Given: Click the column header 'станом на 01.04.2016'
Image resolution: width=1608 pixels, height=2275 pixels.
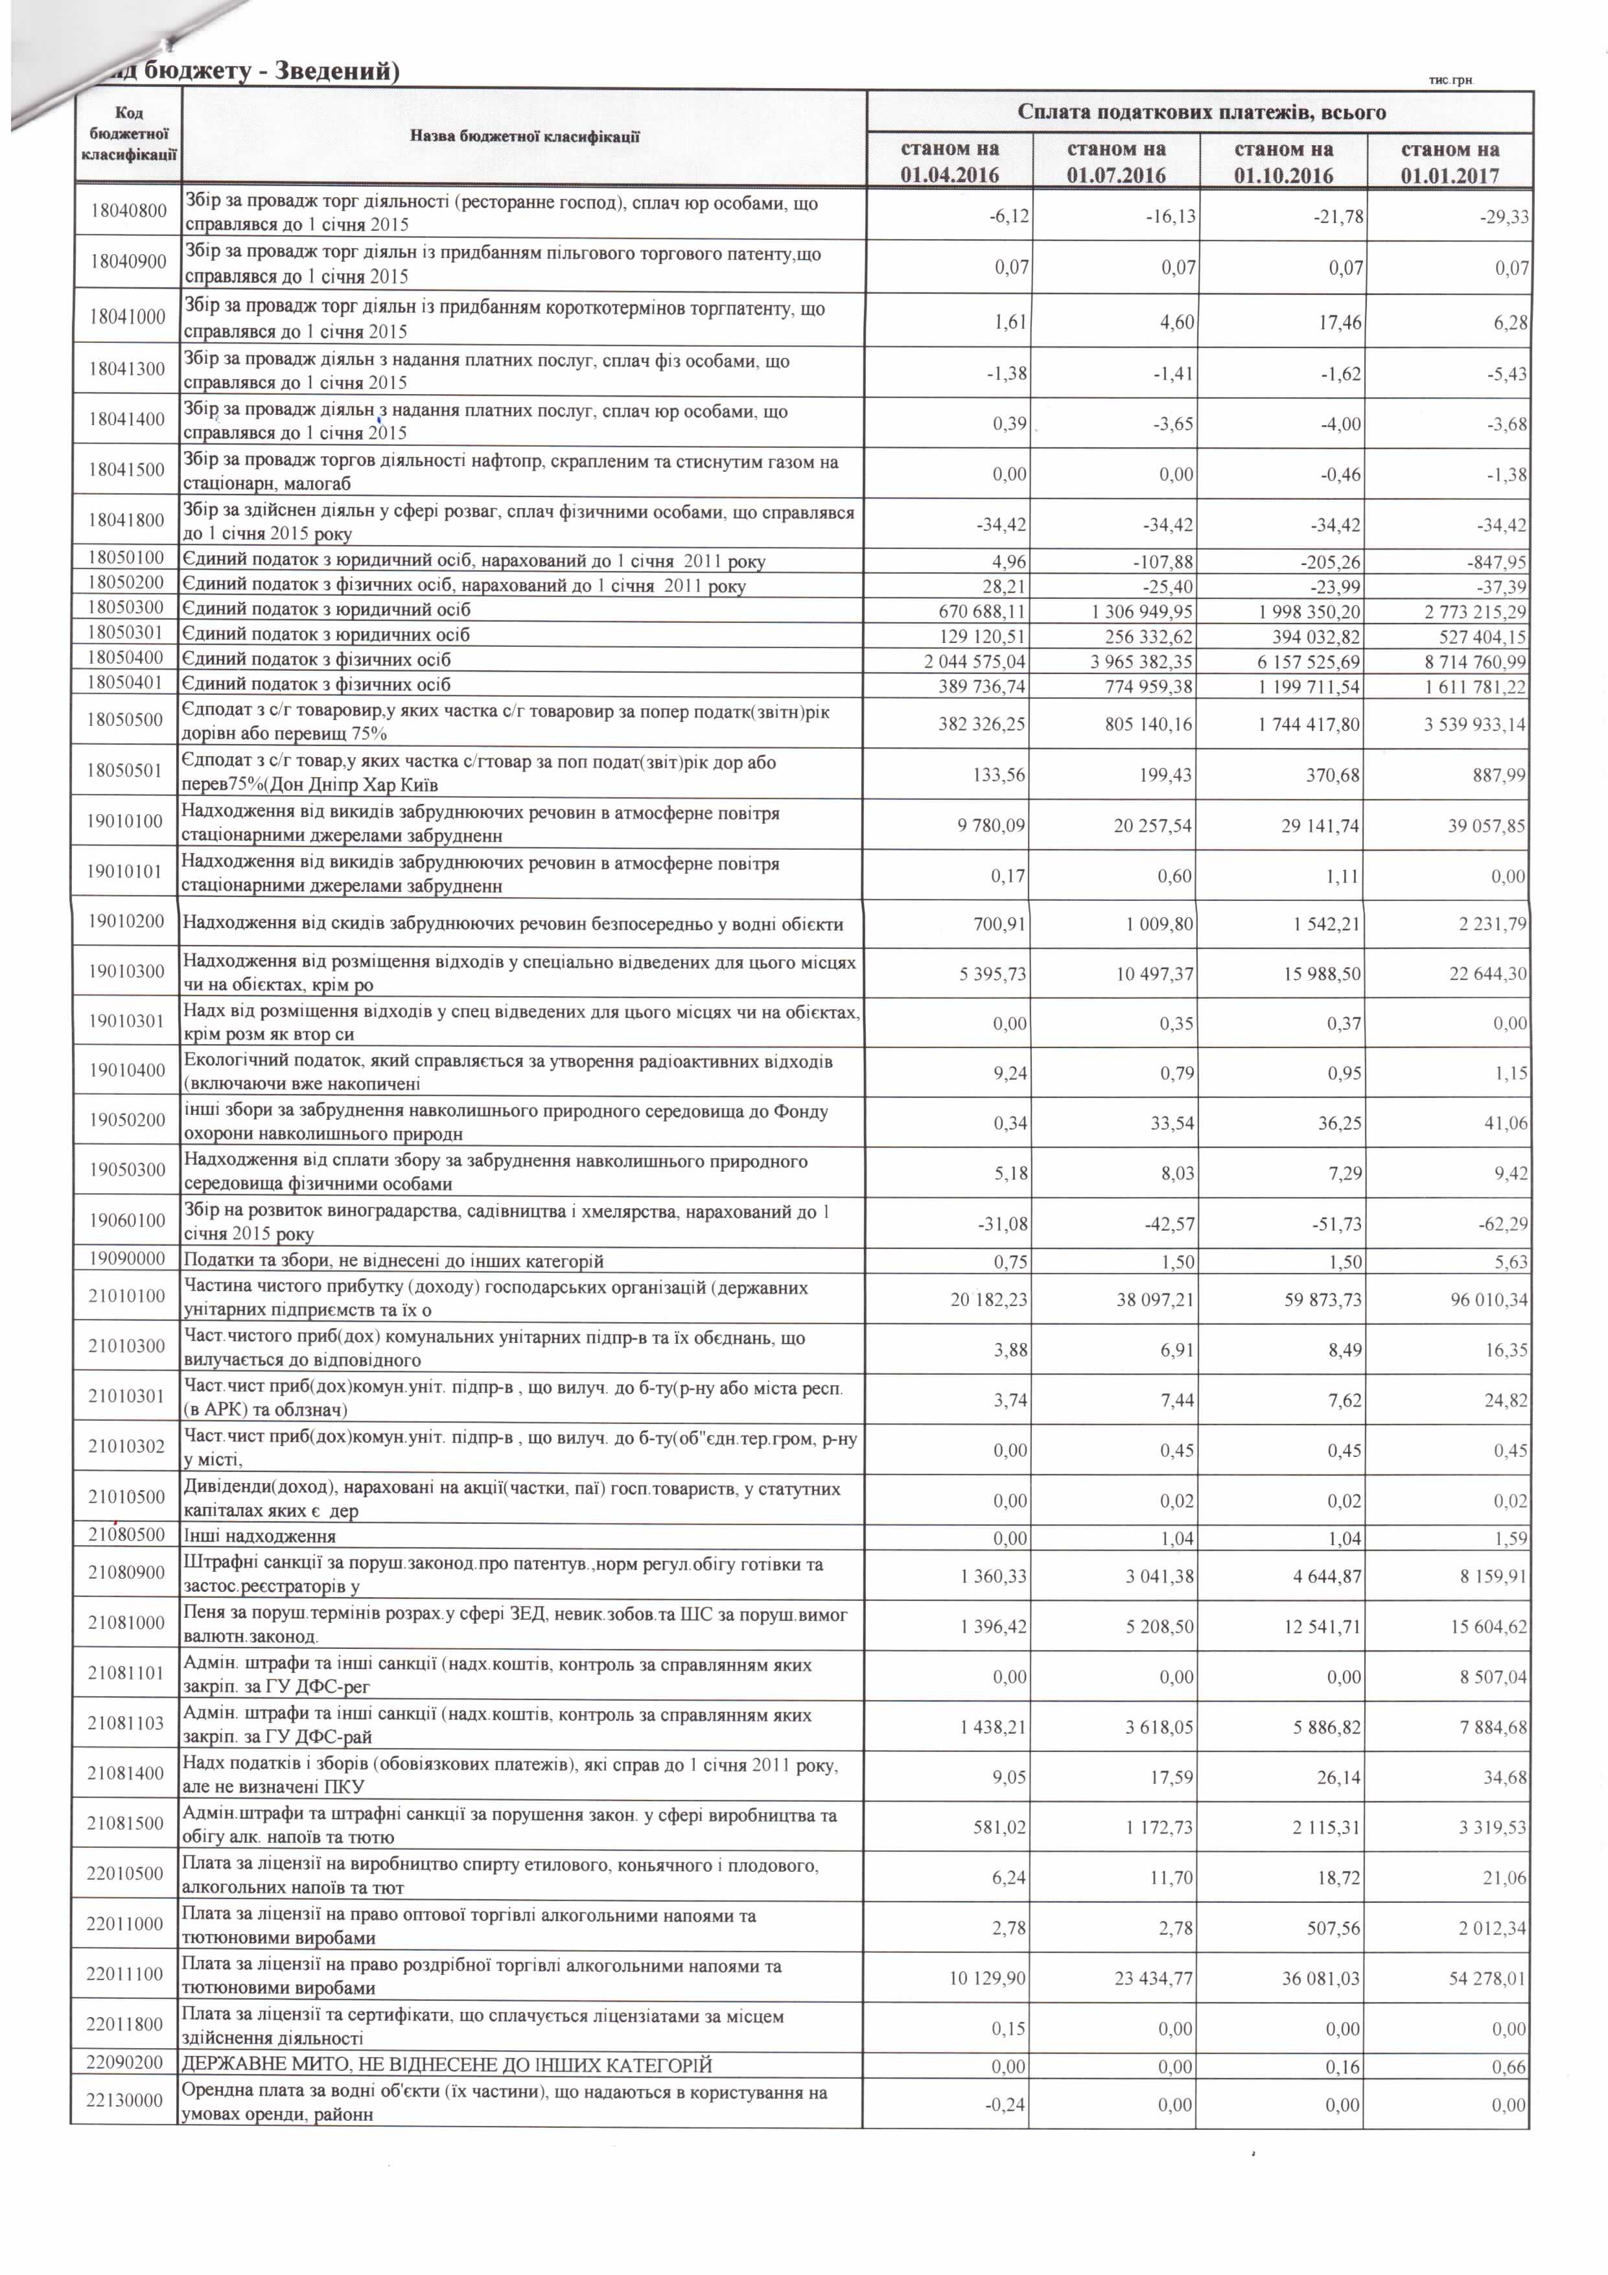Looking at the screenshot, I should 949,161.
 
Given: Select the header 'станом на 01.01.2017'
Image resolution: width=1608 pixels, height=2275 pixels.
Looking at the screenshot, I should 1449,161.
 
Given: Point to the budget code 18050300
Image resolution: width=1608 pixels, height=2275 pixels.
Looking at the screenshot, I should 126,609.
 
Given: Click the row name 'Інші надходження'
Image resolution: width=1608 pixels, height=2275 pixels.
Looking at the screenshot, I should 260,1537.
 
